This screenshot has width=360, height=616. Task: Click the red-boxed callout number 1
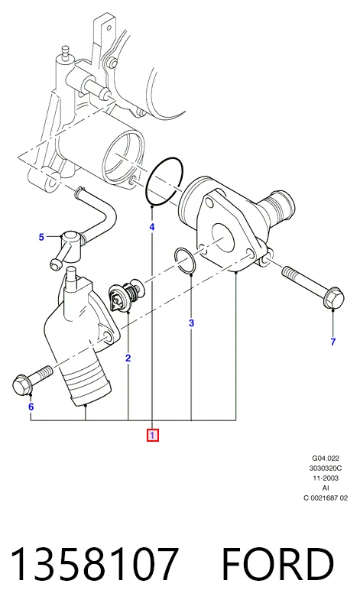(153, 436)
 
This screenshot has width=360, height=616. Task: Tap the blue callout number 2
(128, 358)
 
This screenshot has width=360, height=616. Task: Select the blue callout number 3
(191, 323)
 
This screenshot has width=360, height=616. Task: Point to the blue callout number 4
(151, 227)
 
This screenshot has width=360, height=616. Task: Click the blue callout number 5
(41, 237)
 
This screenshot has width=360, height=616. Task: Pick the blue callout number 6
(31, 407)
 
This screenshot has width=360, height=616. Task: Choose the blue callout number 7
(333, 342)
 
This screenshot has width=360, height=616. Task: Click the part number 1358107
(94, 564)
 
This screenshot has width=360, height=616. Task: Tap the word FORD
(278, 564)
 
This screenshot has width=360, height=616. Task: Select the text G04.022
(326, 458)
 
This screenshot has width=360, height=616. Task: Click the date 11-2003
(326, 478)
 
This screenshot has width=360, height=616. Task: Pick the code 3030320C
(326, 468)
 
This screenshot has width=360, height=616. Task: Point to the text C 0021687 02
(326, 498)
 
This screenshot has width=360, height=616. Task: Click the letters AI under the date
(326, 488)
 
